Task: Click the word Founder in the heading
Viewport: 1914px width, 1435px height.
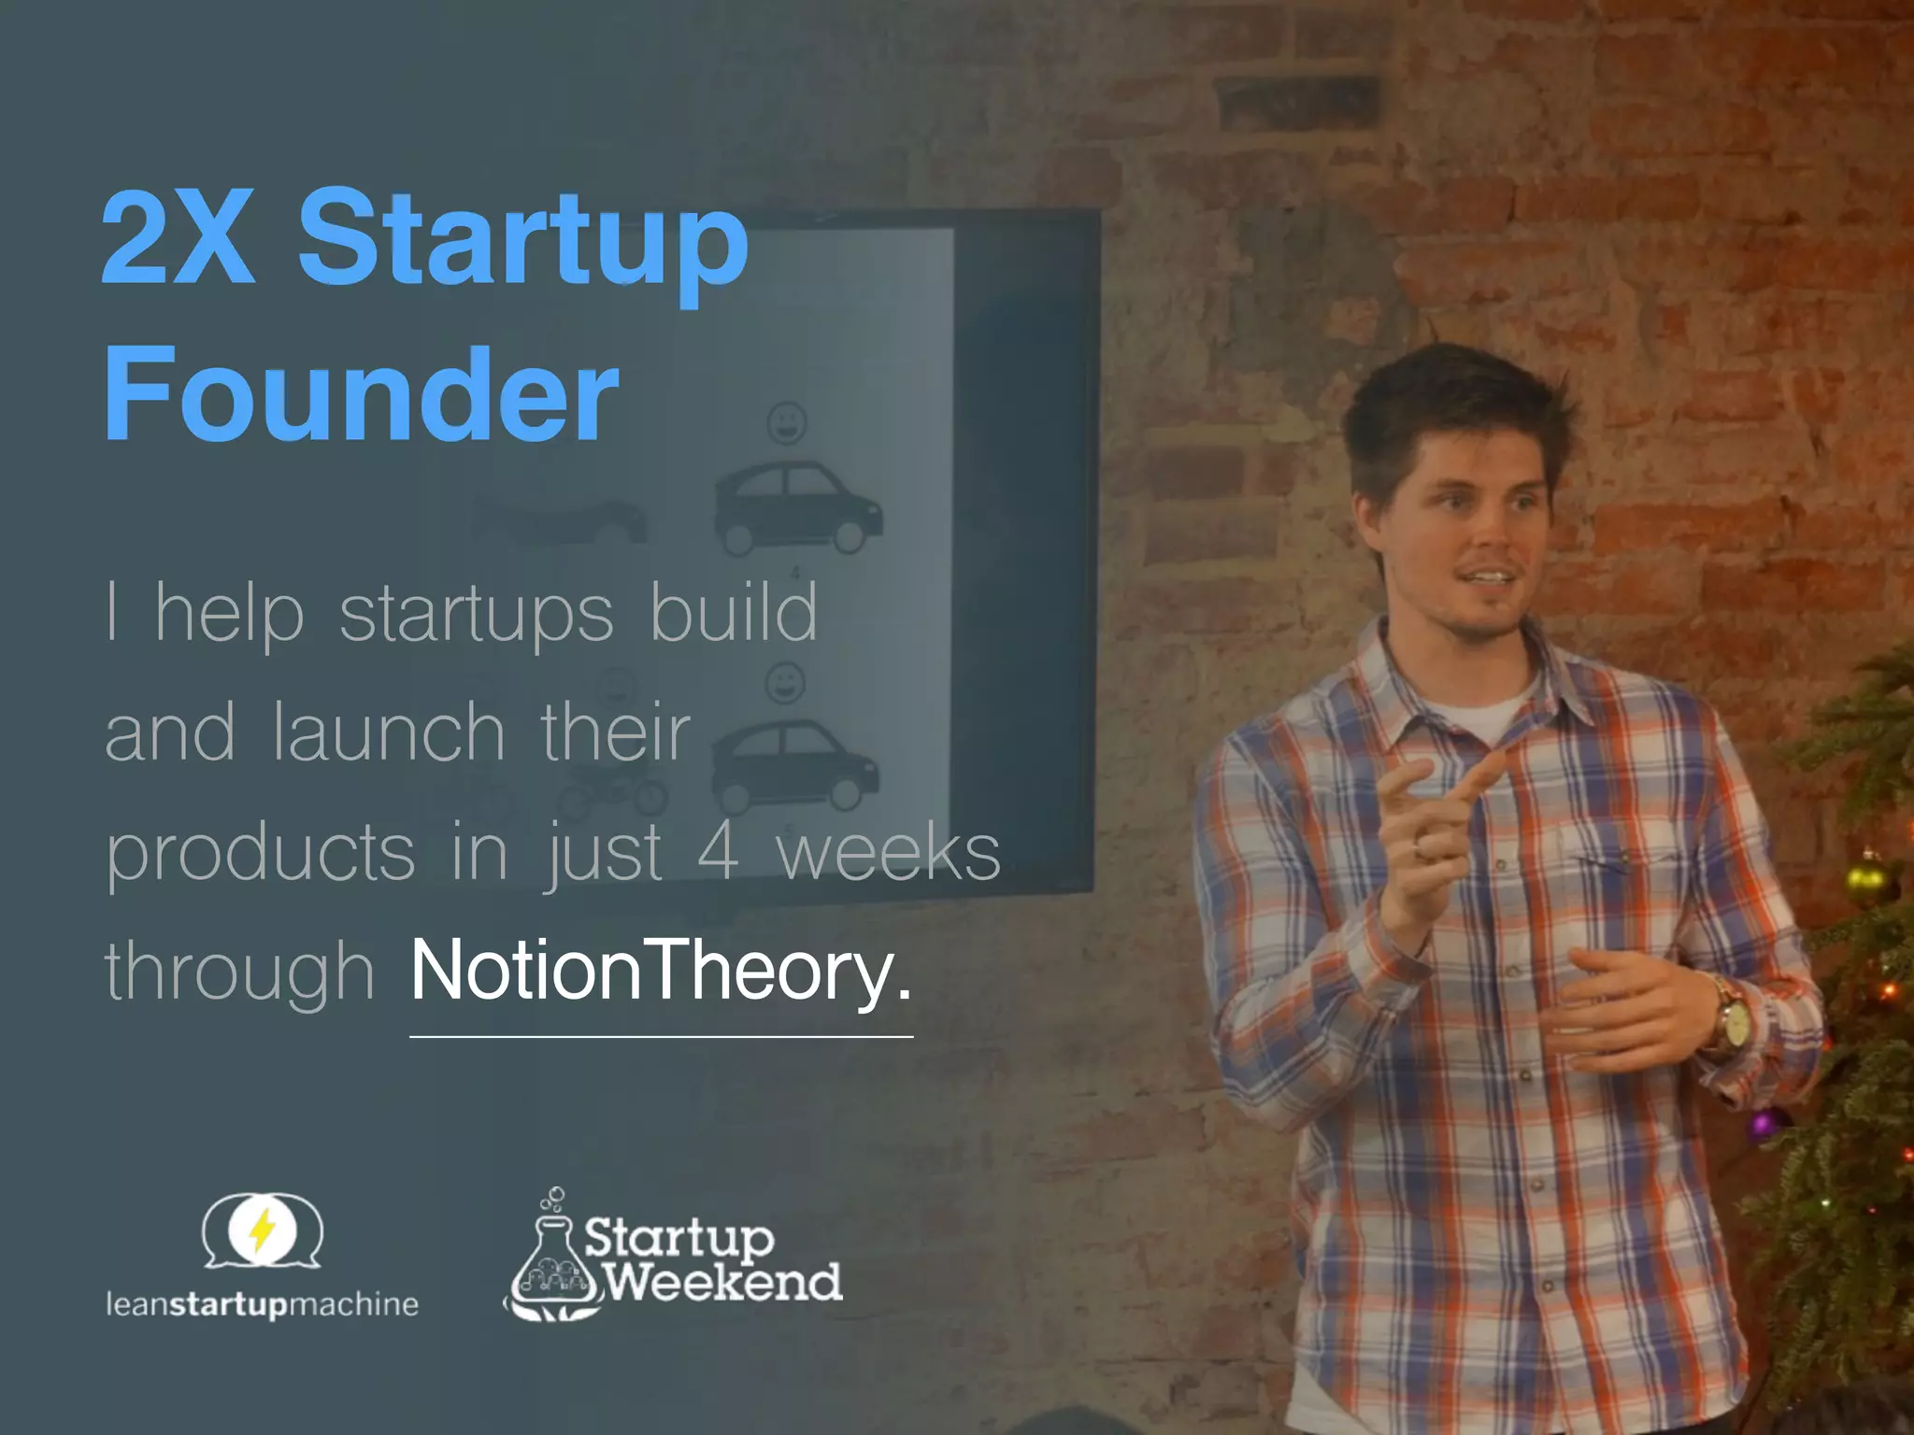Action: [x=361, y=394]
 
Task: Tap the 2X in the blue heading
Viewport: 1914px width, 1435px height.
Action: [x=178, y=238]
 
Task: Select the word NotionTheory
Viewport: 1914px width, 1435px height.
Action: [x=660, y=972]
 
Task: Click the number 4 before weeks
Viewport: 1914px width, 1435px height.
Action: [x=718, y=852]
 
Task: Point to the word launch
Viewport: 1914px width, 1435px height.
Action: [x=389, y=733]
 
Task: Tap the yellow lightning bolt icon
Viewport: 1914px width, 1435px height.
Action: [x=263, y=1229]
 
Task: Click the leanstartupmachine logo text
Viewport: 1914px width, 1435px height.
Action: [x=262, y=1304]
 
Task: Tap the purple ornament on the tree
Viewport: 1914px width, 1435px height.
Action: [x=1762, y=1125]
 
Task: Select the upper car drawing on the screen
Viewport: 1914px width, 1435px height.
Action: [x=797, y=509]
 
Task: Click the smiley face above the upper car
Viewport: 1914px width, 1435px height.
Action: [x=787, y=423]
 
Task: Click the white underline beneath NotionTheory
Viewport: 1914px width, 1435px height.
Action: [x=661, y=1036]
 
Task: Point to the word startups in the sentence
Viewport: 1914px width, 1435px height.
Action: [x=476, y=615]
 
